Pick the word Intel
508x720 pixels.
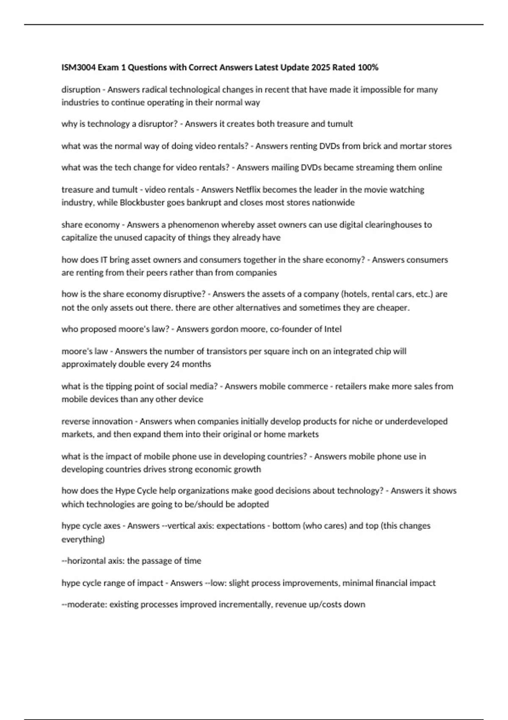pos(333,329)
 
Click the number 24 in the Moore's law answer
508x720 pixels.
pos(175,364)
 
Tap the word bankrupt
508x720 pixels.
pos(204,202)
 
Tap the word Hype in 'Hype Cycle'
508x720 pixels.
pos(124,490)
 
